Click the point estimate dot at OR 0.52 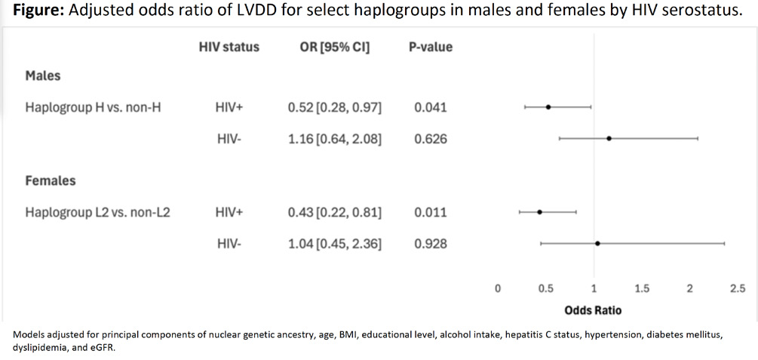pyautogui.click(x=548, y=107)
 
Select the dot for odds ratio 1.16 pyautogui.click(x=609, y=138)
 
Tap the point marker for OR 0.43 pyautogui.click(x=539, y=212)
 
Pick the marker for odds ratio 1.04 pyautogui.click(x=597, y=243)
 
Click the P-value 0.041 pyautogui.click(x=430, y=107)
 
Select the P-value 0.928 pyautogui.click(x=430, y=244)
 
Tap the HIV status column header pyautogui.click(x=229, y=47)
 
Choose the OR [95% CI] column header pyautogui.click(x=335, y=48)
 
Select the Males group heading pyautogui.click(x=43, y=76)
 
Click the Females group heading pyautogui.click(x=51, y=181)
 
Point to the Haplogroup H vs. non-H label pyautogui.click(x=93, y=107)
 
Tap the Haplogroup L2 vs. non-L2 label pyautogui.click(x=97, y=212)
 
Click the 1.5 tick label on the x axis pyautogui.click(x=642, y=289)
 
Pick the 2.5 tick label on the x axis pyautogui.click(x=738, y=289)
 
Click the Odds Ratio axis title pyautogui.click(x=593, y=310)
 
